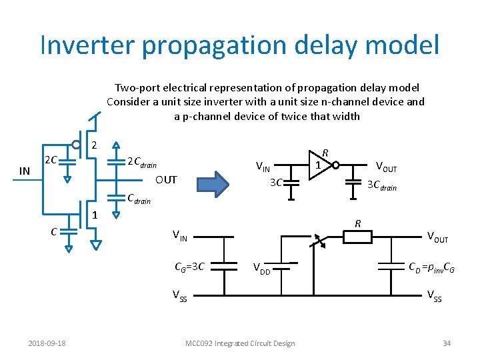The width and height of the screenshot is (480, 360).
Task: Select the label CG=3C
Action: (x=189, y=267)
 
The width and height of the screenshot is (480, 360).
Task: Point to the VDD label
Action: (x=262, y=269)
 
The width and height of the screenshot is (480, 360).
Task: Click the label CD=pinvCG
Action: (x=432, y=267)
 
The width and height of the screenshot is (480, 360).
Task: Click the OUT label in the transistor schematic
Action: (x=166, y=180)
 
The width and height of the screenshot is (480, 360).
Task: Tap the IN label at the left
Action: (x=25, y=171)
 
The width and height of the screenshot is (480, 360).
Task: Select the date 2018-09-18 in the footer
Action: (x=47, y=343)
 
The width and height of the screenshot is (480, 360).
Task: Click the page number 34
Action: (x=446, y=343)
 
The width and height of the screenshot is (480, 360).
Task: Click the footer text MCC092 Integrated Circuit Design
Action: (x=239, y=343)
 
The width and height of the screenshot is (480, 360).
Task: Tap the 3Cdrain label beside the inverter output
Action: (x=382, y=186)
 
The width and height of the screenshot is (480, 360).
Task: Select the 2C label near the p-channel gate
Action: (x=51, y=160)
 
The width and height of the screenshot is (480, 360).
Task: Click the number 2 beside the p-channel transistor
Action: (x=95, y=145)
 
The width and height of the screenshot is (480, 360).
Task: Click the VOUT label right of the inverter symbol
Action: (x=387, y=166)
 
